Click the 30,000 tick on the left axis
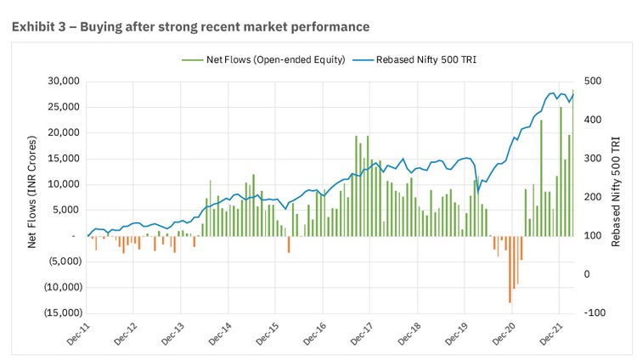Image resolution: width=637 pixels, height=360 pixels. [63, 82]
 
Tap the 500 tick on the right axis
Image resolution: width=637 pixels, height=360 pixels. [593, 82]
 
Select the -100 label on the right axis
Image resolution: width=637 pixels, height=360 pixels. [594, 312]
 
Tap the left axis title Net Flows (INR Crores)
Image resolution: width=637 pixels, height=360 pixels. [32, 196]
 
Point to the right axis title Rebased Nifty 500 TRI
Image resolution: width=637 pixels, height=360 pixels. [616, 196]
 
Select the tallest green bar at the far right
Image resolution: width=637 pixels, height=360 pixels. [572, 162]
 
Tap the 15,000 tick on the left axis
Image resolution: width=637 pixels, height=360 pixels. [63, 159]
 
